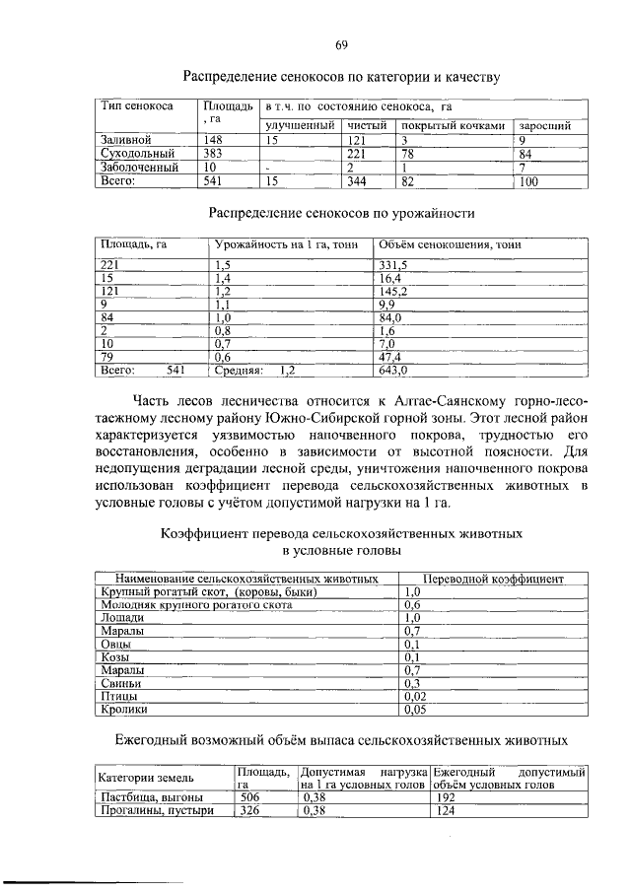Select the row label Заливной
pos(124,140)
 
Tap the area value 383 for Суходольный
pos(215,154)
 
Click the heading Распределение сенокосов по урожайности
pos(341,212)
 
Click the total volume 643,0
pos(393,372)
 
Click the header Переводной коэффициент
pos(493,579)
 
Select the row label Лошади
pos(121,617)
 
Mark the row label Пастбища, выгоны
pos(152,796)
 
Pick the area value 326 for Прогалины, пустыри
pos(250,810)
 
